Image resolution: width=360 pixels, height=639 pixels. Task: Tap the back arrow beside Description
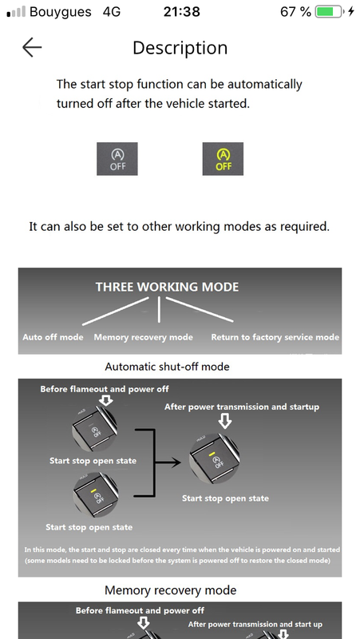point(32,48)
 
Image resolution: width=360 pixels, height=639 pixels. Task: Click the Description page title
point(180,48)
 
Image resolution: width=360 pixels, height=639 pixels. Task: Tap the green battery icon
point(330,12)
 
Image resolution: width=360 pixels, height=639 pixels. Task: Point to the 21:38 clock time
point(182,12)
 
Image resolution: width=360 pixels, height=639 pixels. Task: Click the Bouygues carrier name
point(61,12)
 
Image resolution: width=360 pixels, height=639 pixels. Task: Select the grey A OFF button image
point(117,159)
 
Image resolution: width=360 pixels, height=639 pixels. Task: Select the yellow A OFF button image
point(223,159)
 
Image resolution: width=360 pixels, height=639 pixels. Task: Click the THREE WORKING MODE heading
point(167,287)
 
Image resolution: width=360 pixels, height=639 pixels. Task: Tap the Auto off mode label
point(53,337)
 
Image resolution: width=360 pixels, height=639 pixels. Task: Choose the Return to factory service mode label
point(275,337)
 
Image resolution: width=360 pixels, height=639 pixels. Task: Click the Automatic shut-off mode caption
point(167,367)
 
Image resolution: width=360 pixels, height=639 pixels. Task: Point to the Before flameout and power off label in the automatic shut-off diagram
point(105,389)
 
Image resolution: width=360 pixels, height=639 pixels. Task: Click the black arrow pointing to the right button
point(168,462)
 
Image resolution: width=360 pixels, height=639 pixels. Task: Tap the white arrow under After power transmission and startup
point(225,422)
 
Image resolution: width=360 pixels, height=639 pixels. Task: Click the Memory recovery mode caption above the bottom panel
point(170,590)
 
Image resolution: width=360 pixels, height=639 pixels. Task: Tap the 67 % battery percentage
point(295,12)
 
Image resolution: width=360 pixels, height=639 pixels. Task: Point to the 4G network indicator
point(112,12)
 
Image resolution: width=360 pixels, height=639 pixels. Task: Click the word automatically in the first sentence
point(265,85)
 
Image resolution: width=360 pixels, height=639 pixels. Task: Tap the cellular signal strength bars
point(16,12)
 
